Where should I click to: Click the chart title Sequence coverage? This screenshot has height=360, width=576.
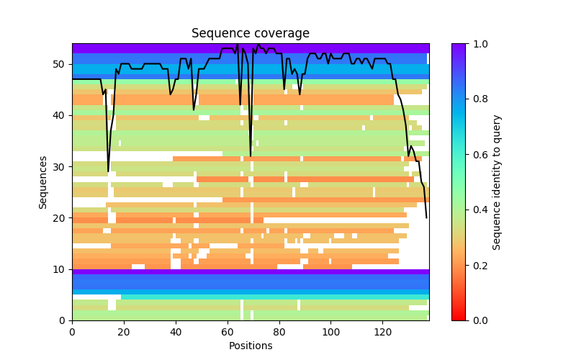tap(250, 33)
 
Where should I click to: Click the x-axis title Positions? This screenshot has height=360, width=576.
tap(250, 346)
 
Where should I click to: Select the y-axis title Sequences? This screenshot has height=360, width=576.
tap(43, 182)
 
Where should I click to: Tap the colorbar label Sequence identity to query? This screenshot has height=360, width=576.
tap(497, 182)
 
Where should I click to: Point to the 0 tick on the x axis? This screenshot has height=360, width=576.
tap(72, 331)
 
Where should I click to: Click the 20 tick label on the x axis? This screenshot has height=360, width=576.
tap(124, 331)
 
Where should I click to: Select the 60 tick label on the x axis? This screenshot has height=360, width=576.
tap(228, 331)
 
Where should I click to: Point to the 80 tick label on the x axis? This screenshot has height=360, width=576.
tap(279, 331)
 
